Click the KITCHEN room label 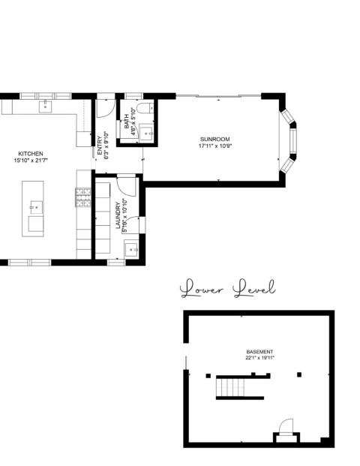pyautogui.click(x=31, y=154)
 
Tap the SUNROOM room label pyautogui.click(x=214, y=139)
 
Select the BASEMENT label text pyautogui.click(x=259, y=352)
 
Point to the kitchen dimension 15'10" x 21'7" pyautogui.click(x=31, y=161)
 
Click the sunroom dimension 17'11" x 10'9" pyautogui.click(x=214, y=146)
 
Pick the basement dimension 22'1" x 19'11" pyautogui.click(x=259, y=358)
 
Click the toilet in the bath pyautogui.click(x=145, y=108)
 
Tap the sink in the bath pyautogui.click(x=146, y=134)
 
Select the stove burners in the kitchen pyautogui.click(x=83, y=197)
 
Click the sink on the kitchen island pyautogui.click(x=36, y=207)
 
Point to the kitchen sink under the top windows pyautogui.click(x=46, y=107)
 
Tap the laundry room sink pyautogui.click(x=131, y=249)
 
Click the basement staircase pyautogui.click(x=230, y=387)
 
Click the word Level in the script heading pyautogui.click(x=254, y=288)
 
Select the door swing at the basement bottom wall pyautogui.click(x=286, y=427)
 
